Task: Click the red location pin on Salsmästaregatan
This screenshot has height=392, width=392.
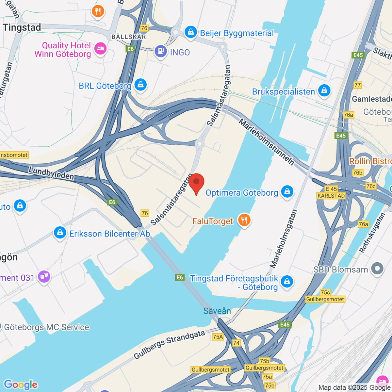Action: tap(196, 182)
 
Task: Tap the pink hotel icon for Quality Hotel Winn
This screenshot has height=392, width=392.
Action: tap(100, 49)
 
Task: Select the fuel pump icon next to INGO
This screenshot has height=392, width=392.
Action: tap(161, 51)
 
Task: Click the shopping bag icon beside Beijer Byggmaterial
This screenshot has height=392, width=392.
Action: tap(190, 32)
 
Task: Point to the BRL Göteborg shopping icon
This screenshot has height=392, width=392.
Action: tap(140, 85)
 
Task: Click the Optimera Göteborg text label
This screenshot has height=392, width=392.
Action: tap(242, 193)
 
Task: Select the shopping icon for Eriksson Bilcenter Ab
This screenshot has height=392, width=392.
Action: tap(60, 233)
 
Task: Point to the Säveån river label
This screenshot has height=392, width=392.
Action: tap(217, 311)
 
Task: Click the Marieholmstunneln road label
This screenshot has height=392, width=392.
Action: tap(266, 142)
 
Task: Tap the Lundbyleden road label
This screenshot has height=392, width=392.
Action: tap(51, 173)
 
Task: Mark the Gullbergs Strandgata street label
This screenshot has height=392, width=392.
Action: tap(169, 345)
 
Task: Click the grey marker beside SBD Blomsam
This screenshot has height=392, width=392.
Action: tap(377, 269)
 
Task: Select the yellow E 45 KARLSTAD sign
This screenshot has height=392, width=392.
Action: tap(331, 192)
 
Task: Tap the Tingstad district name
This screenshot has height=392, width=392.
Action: tap(22, 27)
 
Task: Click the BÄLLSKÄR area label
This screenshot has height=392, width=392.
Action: tap(129, 37)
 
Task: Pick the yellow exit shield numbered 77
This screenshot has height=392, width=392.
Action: tap(358, 85)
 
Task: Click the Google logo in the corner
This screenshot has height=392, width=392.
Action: tap(21, 384)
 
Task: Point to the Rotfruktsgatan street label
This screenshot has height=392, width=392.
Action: tap(372, 233)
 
